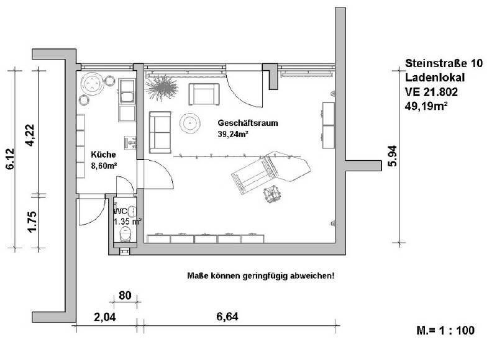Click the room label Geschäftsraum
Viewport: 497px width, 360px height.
(247, 123)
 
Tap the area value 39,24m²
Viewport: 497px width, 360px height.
(232, 133)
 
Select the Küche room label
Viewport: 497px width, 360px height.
(102, 155)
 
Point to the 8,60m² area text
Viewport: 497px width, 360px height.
(104, 166)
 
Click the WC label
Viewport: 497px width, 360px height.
(121, 210)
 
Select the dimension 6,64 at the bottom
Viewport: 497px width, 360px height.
(227, 317)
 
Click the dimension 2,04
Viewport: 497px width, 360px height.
(105, 317)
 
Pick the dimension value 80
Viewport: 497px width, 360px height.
(124, 295)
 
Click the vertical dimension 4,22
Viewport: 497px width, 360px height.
(29, 136)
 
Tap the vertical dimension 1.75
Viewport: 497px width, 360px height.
(29, 222)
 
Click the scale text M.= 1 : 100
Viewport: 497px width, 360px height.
(446, 330)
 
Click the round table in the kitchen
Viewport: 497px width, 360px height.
(93, 83)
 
